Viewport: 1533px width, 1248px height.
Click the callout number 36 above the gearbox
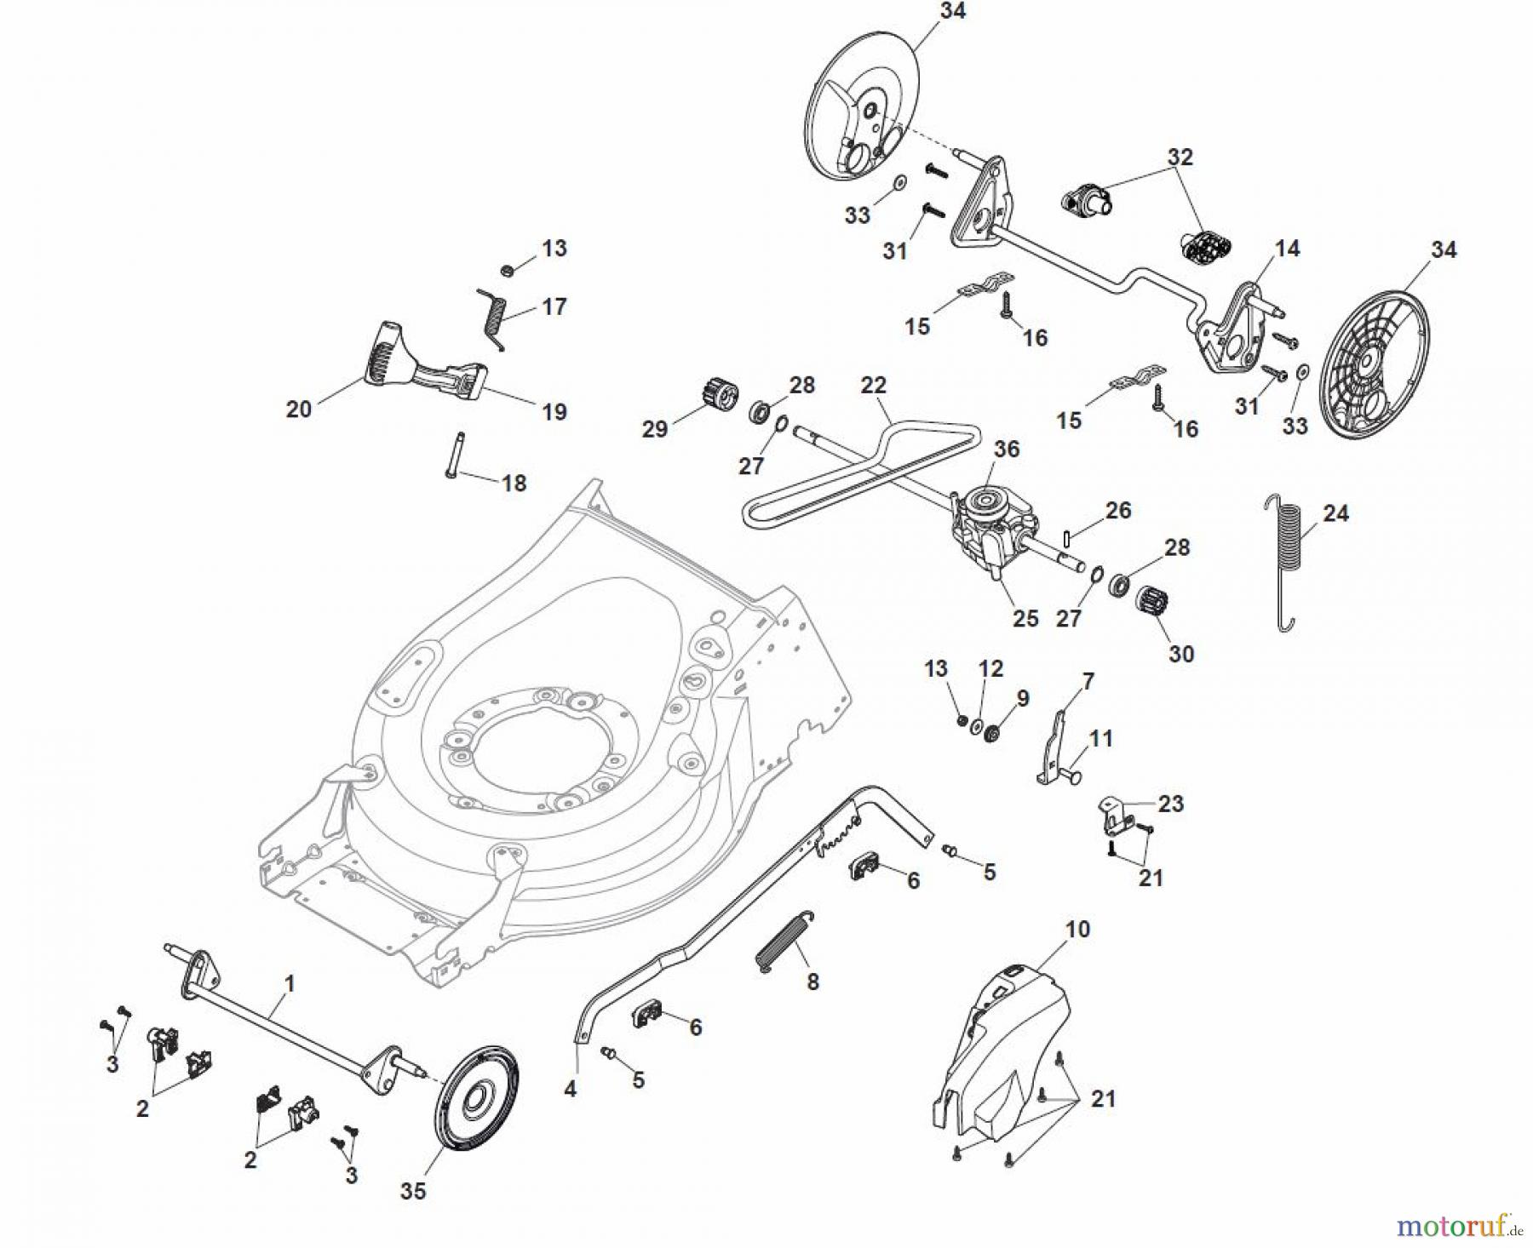coord(1006,449)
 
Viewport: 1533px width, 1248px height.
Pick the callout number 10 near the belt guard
coord(1077,929)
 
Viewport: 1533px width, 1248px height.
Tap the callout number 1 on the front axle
coord(289,984)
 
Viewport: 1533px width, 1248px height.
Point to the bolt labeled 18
coord(451,455)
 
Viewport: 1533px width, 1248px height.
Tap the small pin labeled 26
coord(1066,540)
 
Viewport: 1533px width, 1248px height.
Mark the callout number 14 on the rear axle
coord(1287,249)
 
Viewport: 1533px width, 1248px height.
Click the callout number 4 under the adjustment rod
coord(570,1088)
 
